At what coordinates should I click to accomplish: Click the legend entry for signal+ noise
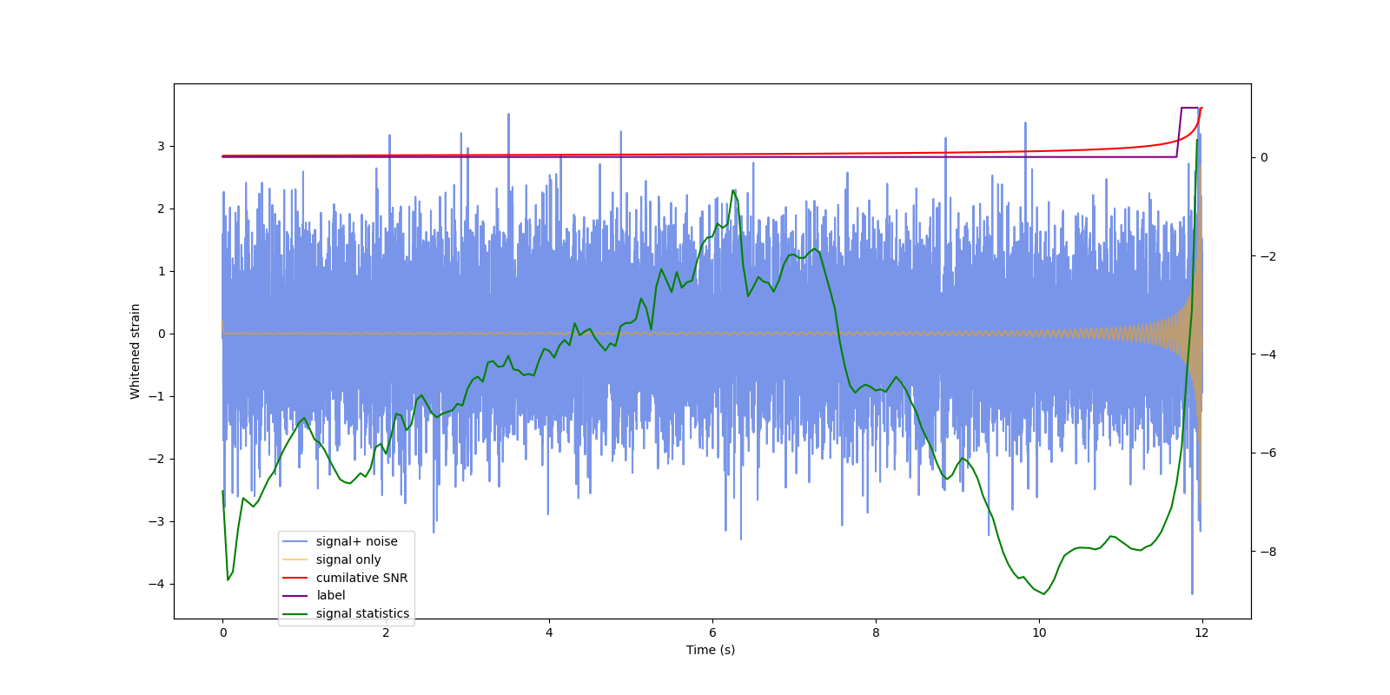click(x=356, y=541)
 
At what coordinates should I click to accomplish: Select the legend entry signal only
click(x=348, y=559)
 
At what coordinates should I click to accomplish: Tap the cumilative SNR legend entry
click(x=361, y=578)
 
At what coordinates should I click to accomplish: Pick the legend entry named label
click(x=330, y=595)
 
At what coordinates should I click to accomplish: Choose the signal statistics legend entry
click(x=362, y=613)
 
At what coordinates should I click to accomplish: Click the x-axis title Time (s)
click(x=711, y=650)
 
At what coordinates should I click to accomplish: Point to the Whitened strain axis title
click(x=136, y=351)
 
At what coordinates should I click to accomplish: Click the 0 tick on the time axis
click(x=223, y=632)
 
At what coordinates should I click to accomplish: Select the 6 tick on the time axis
click(x=712, y=632)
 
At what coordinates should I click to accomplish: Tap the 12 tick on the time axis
click(x=1201, y=632)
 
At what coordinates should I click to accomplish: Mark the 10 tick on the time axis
click(x=1039, y=632)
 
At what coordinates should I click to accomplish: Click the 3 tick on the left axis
click(x=161, y=146)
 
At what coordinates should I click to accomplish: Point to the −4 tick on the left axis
click(x=156, y=584)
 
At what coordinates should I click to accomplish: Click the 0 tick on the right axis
click(x=1264, y=157)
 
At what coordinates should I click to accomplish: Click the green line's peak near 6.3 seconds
click(x=733, y=190)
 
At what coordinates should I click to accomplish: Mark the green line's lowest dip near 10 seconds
click(x=1044, y=594)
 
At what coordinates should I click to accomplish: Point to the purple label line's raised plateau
click(x=1189, y=108)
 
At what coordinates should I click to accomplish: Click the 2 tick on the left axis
click(x=161, y=208)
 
